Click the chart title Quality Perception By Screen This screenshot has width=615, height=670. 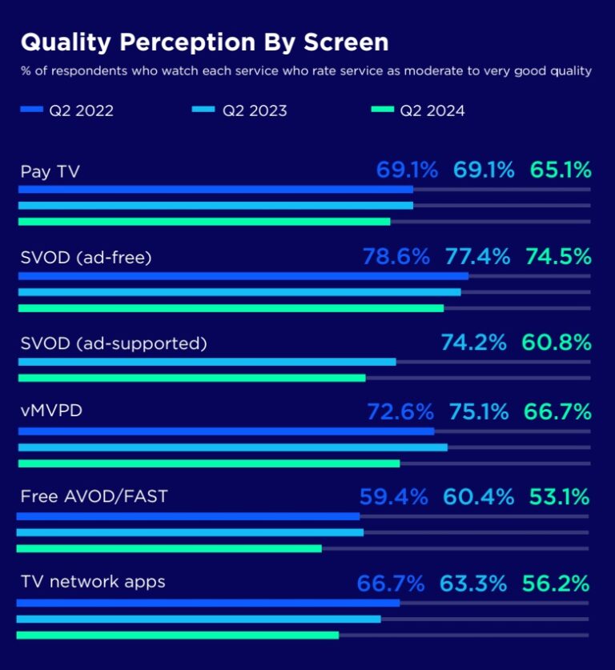(204, 42)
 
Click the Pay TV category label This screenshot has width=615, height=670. (50, 171)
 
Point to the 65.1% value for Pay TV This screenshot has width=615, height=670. (560, 170)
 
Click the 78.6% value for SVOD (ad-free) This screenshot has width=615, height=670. (396, 256)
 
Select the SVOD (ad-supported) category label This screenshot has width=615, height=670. (114, 343)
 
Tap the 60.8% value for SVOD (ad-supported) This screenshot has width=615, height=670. (557, 343)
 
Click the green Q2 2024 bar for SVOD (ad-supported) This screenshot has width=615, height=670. (191, 378)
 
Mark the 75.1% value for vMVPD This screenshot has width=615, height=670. (477, 411)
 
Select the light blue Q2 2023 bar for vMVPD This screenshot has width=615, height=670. (232, 447)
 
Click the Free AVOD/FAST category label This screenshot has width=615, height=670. (94, 496)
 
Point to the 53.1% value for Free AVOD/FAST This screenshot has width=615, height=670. (559, 496)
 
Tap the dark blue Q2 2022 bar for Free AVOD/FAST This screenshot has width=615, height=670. (188, 516)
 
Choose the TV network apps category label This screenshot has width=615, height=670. (93, 582)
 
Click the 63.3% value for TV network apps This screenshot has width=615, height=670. (472, 583)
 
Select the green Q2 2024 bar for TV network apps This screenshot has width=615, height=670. (177, 635)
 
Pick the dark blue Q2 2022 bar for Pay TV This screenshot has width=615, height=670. (215, 190)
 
